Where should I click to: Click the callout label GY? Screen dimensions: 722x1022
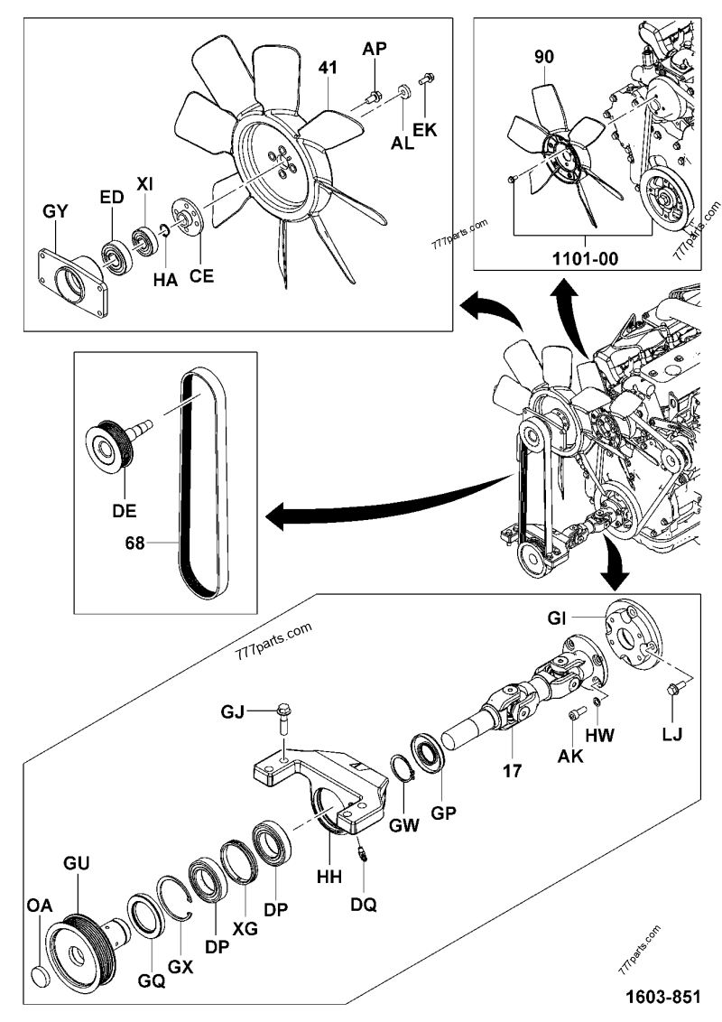coord(55,212)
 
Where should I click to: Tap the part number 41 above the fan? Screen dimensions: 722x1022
coord(328,67)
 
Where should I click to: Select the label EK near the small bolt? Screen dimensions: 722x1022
coord(425,130)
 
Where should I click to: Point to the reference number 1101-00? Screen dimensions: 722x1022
coord(585,259)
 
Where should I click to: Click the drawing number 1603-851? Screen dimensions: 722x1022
coord(662,997)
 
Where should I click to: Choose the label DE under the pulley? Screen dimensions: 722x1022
coord(125,511)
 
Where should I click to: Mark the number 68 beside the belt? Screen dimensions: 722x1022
coord(134,543)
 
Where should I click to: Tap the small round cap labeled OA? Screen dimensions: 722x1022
coord(42,977)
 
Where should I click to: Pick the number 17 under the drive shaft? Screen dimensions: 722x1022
coord(513,770)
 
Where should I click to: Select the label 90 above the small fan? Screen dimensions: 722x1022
coord(543,57)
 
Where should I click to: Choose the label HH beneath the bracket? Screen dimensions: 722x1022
coord(329,877)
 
